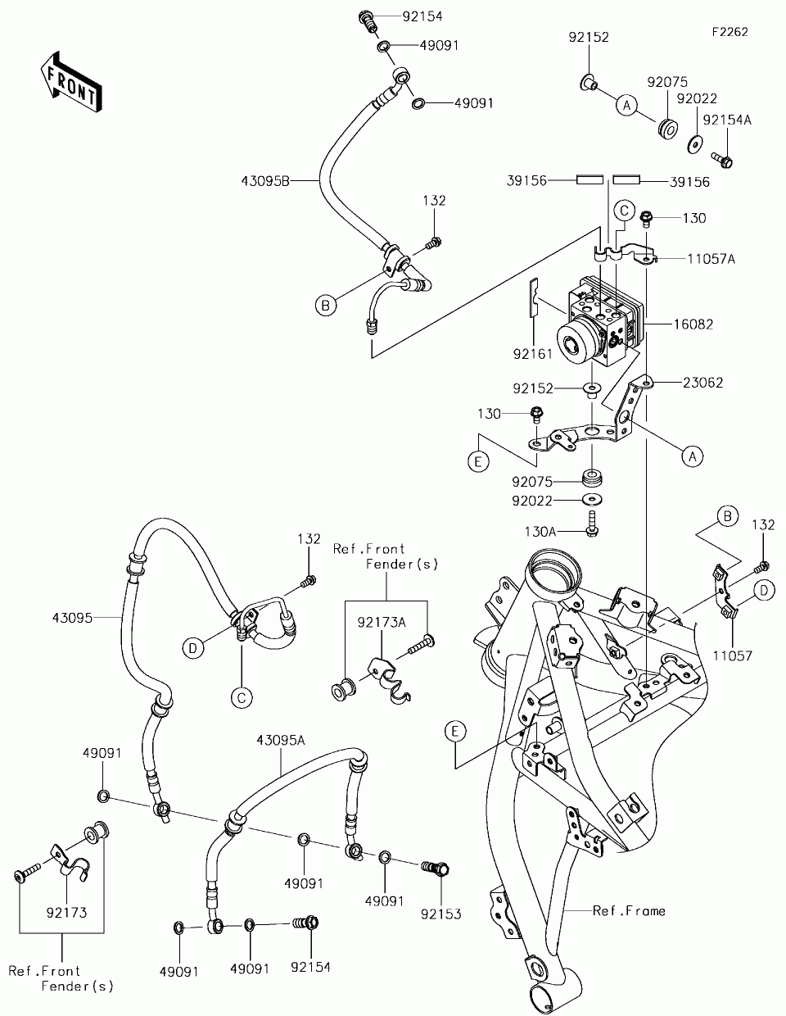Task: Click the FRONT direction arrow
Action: pos(71,82)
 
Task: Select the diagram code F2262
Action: pos(730,32)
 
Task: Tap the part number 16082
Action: pos(693,324)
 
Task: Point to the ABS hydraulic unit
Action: pos(601,322)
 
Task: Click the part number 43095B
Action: pos(265,181)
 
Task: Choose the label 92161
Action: pos(532,354)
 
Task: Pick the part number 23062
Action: pos(702,383)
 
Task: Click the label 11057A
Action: pos(711,259)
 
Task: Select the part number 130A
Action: pos(540,532)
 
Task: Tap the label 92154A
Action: pos(727,120)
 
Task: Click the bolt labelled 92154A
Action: pos(722,160)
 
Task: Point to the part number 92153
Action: pos(440,914)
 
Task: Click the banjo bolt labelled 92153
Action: pos(436,869)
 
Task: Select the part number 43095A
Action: pos(280,740)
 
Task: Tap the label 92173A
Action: pos(382,623)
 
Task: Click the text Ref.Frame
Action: pos(629,910)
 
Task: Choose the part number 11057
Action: pos(733,655)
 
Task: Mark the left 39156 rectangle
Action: pos(589,179)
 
